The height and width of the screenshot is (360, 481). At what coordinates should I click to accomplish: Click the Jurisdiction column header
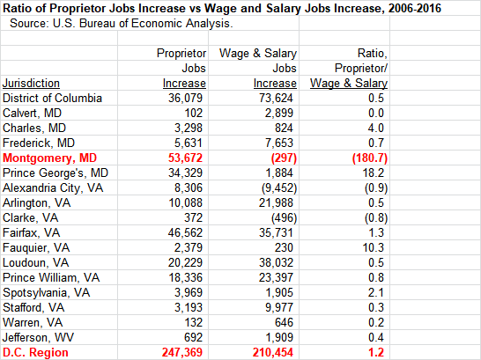[31, 84]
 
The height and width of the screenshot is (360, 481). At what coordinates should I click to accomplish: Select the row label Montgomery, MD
[49, 158]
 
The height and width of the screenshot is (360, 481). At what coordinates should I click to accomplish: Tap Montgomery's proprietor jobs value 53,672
[185, 158]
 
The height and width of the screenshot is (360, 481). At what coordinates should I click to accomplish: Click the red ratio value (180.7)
[370, 158]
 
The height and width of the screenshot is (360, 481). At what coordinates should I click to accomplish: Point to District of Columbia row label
[52, 98]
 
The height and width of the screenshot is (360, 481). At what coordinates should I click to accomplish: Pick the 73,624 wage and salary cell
[276, 98]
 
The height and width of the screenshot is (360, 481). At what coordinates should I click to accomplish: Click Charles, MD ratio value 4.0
[376, 128]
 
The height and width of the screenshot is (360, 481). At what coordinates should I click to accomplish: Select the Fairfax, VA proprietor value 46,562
[185, 233]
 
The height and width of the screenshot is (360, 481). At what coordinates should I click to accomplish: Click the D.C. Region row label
[35, 352]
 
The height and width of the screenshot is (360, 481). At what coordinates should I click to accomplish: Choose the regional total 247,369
[182, 352]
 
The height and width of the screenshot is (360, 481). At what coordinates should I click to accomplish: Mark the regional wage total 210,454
[273, 352]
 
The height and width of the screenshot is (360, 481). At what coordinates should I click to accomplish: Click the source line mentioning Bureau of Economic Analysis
[122, 24]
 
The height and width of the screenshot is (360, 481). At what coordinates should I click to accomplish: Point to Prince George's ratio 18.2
[373, 173]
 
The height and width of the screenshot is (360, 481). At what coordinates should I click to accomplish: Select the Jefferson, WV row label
[38, 337]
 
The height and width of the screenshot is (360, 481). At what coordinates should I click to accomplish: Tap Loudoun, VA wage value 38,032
[276, 262]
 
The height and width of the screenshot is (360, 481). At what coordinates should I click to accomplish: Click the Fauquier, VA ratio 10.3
[373, 247]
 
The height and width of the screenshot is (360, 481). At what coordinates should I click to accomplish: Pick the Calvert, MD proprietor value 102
[193, 113]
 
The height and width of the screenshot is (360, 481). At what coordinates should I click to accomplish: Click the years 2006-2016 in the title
[415, 8]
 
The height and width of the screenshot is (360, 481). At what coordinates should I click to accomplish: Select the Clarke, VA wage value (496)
[284, 217]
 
